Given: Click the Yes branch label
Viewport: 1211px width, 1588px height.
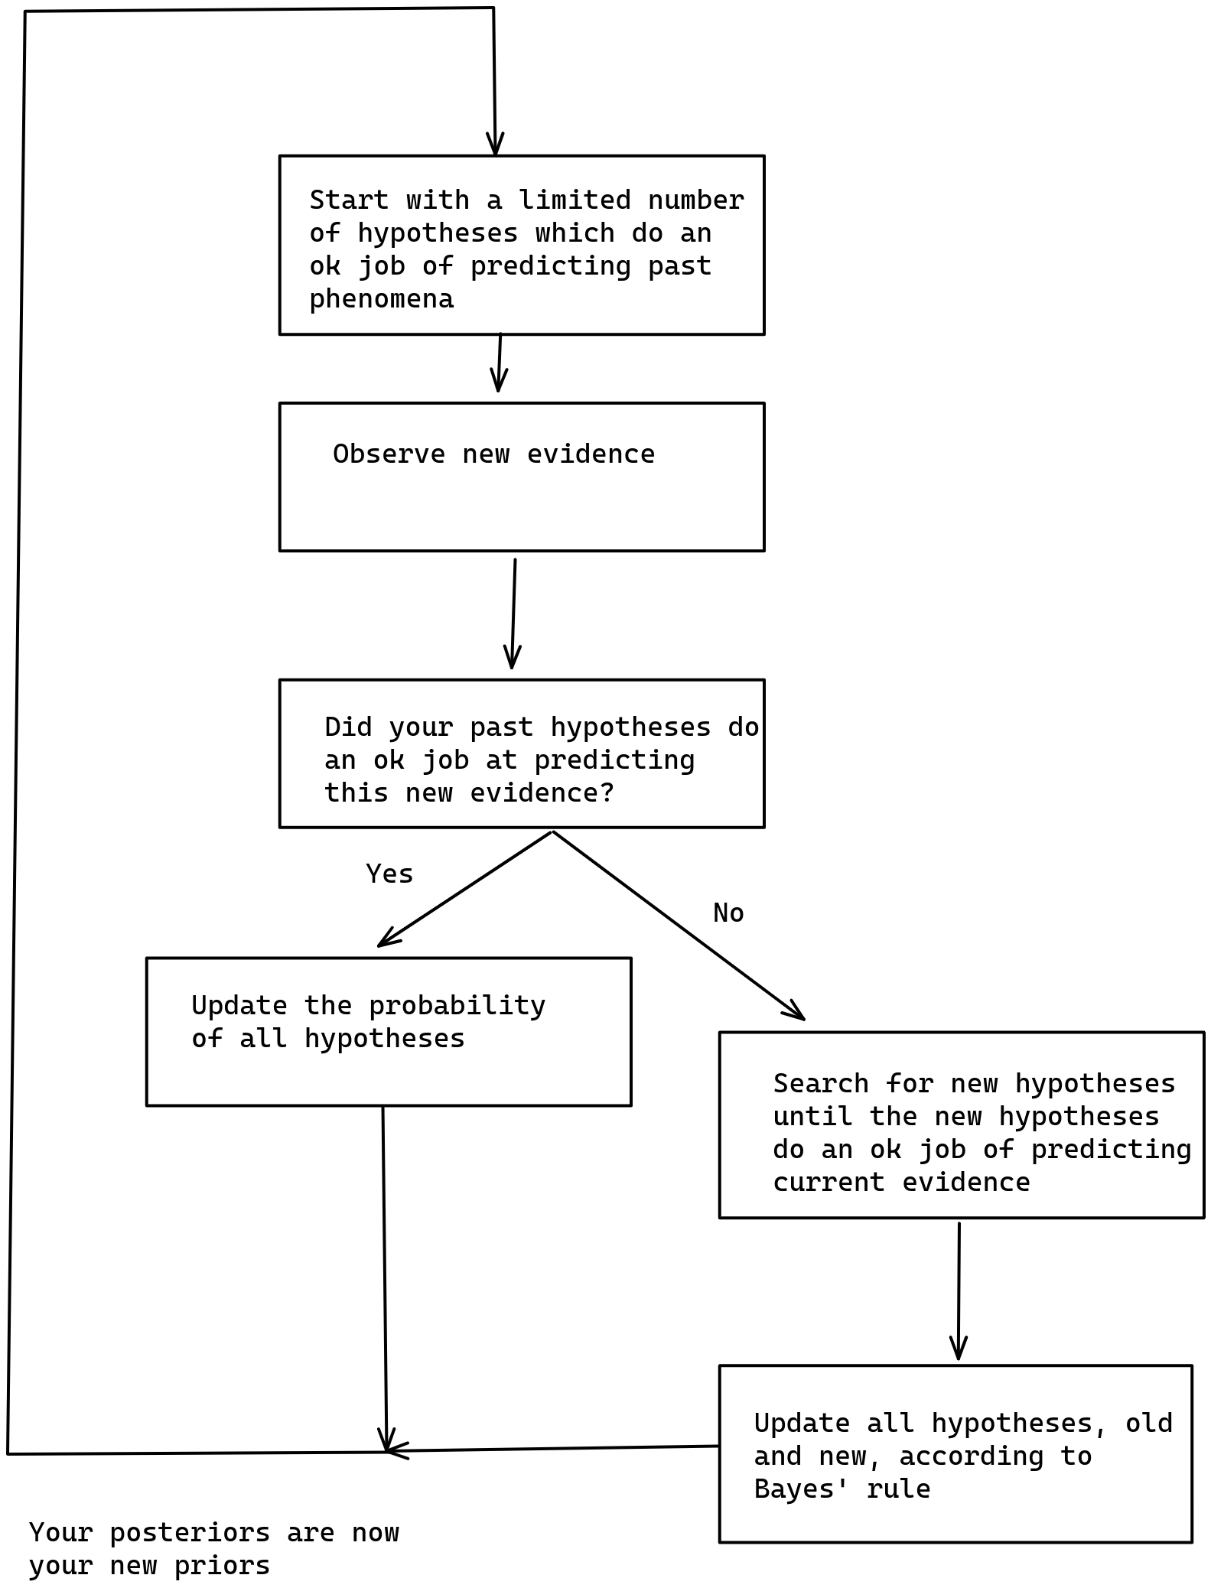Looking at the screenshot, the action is pos(389,874).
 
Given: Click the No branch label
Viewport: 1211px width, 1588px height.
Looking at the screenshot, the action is pos(728,913).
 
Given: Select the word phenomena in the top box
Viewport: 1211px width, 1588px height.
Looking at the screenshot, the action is pos(381,299).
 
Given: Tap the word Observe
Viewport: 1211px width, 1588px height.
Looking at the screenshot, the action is pos(389,454).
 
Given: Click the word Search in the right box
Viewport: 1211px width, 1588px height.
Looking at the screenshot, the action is pos(821,1083).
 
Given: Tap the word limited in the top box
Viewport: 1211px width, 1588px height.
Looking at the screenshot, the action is pos(575,200).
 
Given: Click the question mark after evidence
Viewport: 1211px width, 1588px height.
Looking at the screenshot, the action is pos(607,792).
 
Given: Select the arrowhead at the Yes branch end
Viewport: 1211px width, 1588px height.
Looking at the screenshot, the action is pos(386,939).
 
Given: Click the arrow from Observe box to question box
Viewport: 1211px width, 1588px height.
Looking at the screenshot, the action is pos(513,613).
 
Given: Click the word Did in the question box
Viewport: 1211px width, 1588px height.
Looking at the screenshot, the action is pos(348,727).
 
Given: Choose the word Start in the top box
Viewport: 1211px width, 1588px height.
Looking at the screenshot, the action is pos(349,200).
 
